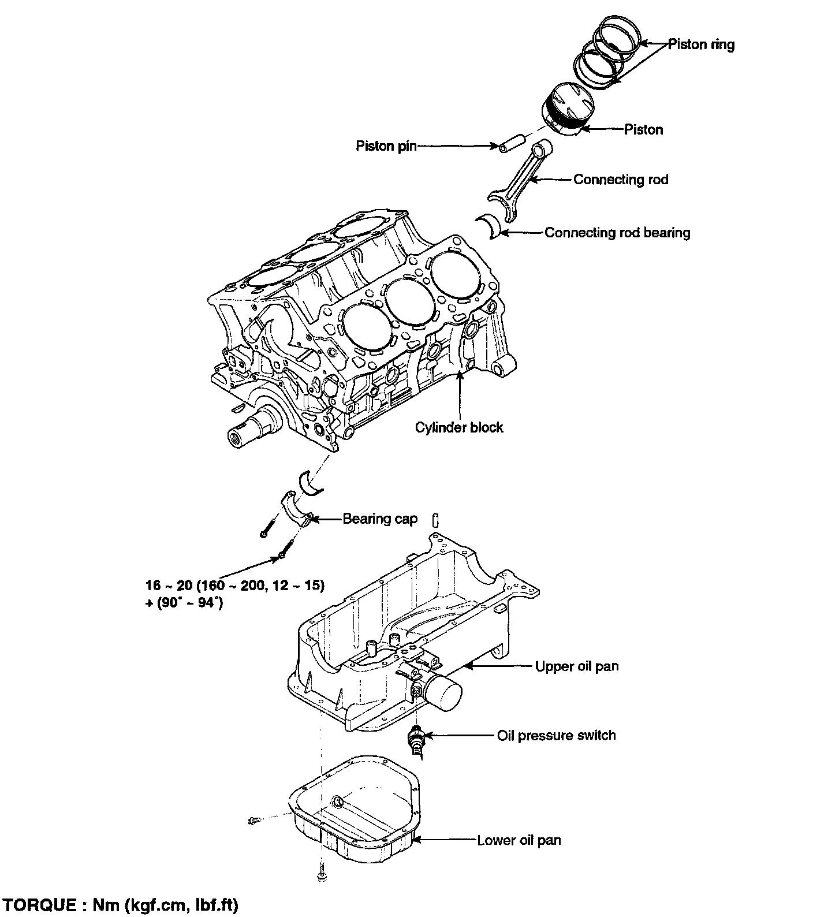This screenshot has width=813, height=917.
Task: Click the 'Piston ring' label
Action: [701, 44]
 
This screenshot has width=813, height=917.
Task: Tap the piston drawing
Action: [568, 109]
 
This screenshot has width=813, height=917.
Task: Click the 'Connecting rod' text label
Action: [620, 180]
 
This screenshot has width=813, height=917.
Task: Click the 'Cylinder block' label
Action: [459, 427]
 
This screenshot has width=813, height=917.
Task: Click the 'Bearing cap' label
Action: [380, 519]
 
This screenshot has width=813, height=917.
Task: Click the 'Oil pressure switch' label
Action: [556, 736]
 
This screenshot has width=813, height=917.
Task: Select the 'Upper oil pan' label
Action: [576, 666]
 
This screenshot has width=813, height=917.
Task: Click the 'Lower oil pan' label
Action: [519, 840]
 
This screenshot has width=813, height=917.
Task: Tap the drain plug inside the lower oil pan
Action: [337, 802]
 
